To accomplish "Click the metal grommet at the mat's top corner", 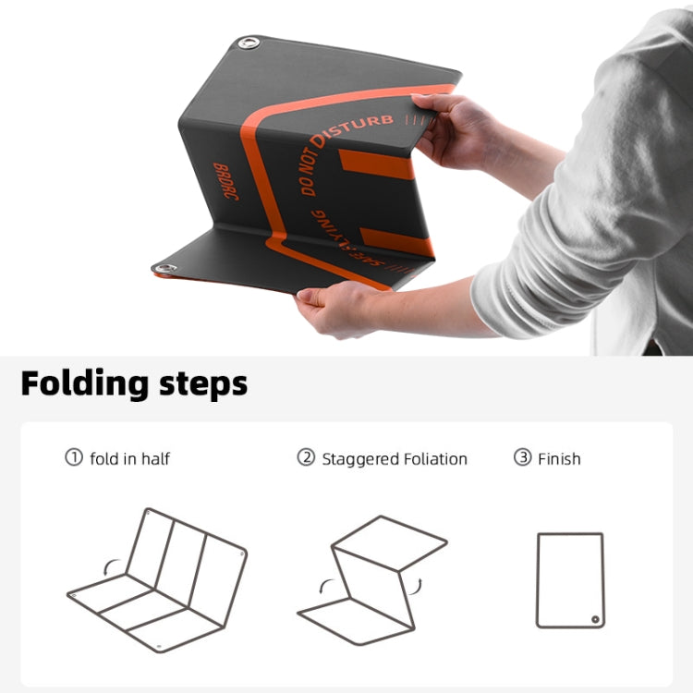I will tap(248, 43).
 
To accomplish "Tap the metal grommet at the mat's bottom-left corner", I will tap(165, 268).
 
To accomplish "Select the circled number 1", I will tap(74, 457).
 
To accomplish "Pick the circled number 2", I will tap(306, 457).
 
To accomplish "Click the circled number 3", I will tap(522, 457).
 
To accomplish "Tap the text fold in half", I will tap(130, 458).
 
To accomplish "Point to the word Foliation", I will tap(435, 458).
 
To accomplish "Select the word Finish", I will tap(559, 458).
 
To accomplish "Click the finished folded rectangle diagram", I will tap(570, 579).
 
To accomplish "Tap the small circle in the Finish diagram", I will tap(596, 619).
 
